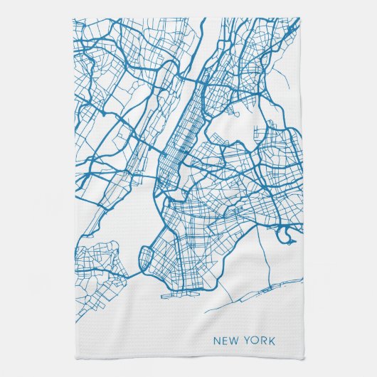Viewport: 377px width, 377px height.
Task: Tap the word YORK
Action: tap(259, 341)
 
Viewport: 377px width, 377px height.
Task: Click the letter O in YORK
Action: tap(254, 341)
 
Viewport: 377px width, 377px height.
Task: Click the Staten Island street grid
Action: tap(100, 263)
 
